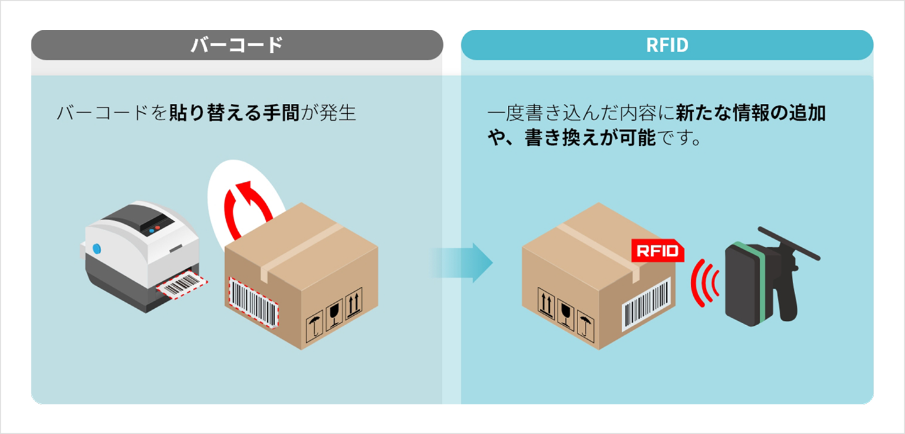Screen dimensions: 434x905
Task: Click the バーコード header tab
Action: tap(237, 45)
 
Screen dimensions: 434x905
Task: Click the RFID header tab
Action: tap(667, 45)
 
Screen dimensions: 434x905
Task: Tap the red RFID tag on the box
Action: tap(657, 251)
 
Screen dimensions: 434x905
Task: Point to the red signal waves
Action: tap(704, 281)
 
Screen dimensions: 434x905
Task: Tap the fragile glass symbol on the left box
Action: tap(334, 310)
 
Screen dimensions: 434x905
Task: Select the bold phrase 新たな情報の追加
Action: tap(750, 114)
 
